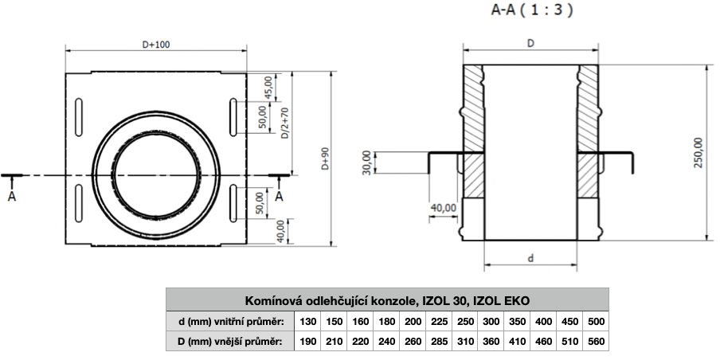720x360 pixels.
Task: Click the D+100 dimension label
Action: point(155,45)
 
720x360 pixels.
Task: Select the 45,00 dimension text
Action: point(268,85)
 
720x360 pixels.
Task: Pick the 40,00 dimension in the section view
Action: point(443,207)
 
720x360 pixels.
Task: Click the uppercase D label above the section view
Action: point(530,45)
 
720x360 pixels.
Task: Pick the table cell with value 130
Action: point(308,321)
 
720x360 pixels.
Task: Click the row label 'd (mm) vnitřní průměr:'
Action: point(229,321)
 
